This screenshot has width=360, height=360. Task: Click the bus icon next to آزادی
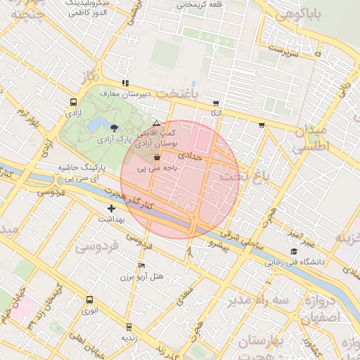74,103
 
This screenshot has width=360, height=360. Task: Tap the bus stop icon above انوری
89,300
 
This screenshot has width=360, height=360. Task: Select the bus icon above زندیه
128,327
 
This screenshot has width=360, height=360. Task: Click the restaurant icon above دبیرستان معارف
126,83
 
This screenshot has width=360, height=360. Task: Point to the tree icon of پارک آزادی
115,127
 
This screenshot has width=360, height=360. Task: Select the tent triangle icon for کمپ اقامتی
156,123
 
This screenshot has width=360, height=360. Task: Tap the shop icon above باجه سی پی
155,158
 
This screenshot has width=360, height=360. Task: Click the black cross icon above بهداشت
111,209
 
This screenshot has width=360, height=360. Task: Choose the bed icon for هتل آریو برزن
141,266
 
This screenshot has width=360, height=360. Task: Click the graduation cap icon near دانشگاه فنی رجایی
293,251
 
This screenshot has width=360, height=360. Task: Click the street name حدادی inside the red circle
190,154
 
